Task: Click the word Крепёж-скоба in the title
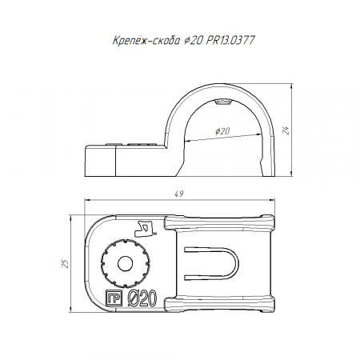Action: pos(146,41)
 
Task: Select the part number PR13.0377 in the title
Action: pos(230,40)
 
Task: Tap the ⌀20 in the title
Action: pos(193,41)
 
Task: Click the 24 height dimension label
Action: pos(286,130)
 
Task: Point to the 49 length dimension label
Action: pos(179,194)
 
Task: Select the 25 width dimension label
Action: pos(65,263)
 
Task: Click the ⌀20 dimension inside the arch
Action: pos(222,131)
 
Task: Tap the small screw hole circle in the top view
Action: pos(126,264)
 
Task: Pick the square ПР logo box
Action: pos(114,298)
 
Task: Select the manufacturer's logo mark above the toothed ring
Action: pos(146,228)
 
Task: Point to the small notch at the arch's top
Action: pos(222,102)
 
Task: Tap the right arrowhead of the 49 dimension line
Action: pos(272,199)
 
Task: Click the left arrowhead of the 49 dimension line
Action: pos(87,199)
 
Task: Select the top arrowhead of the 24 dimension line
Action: pos(292,86)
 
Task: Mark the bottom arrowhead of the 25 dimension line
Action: pos(70,309)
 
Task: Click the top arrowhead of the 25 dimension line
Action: pos(70,218)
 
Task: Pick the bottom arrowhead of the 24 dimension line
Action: pos(292,173)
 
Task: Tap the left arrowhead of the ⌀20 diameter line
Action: pos(187,141)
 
